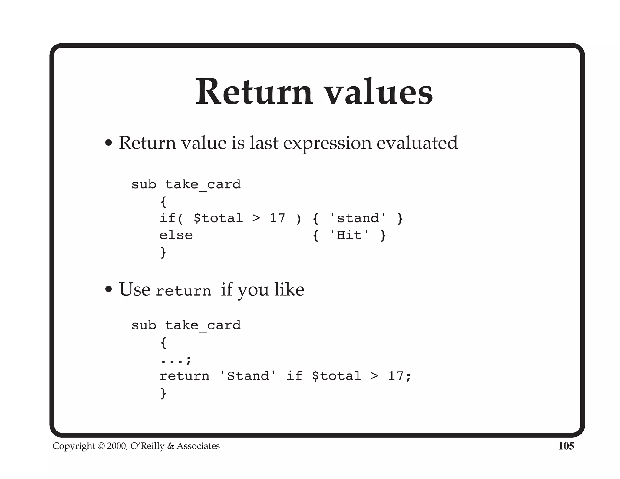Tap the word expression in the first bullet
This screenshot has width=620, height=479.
[327, 143]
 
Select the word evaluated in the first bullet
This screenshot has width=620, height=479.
[417, 143]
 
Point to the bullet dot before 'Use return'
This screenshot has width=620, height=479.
[108, 289]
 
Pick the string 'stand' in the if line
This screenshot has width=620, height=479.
[358, 218]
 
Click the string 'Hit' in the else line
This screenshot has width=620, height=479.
[349, 235]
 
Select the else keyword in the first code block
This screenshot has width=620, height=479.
[176, 235]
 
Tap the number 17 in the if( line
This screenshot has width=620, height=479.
[277, 218]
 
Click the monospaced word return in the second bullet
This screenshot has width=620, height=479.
[183, 291]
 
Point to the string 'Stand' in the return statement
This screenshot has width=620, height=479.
[248, 376]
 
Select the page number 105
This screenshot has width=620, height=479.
[566, 446]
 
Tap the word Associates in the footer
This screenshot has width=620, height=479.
[198, 446]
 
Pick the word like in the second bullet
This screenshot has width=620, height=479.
[289, 289]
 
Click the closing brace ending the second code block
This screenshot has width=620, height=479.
[163, 393]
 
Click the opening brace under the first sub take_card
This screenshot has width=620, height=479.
[163, 202]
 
